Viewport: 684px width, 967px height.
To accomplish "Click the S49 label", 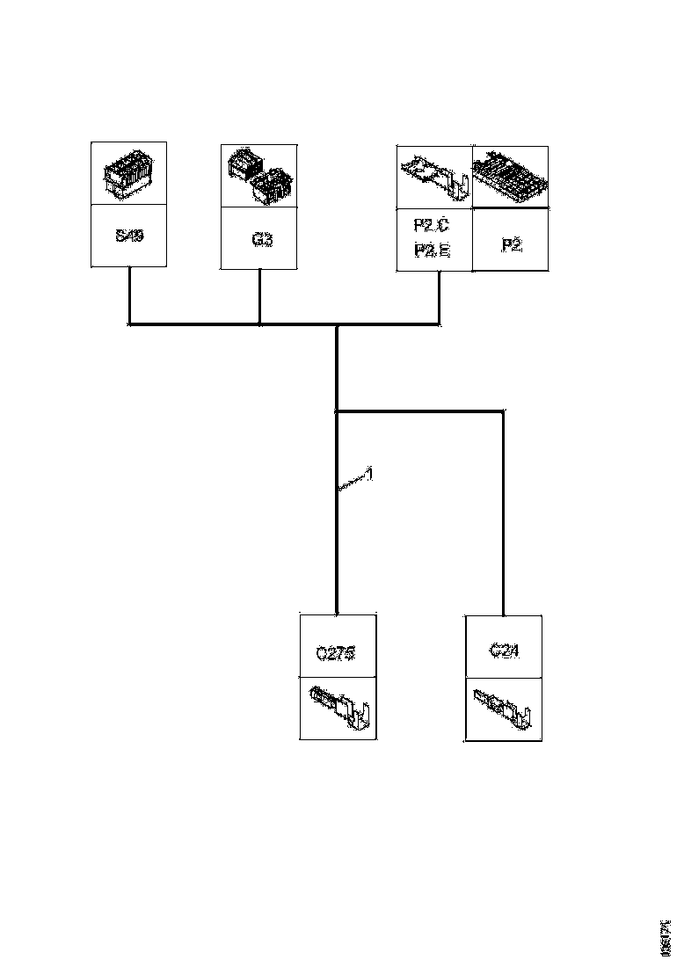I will (129, 237).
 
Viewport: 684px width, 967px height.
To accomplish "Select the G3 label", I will (259, 238).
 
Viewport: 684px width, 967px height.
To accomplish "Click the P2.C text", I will (432, 226).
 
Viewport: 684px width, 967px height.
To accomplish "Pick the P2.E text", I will (432, 251).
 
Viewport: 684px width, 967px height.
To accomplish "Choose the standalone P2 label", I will (511, 245).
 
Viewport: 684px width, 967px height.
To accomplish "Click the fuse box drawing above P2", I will (512, 177).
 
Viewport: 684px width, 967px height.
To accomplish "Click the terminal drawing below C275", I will (339, 708).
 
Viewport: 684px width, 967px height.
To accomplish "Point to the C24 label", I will (502, 651).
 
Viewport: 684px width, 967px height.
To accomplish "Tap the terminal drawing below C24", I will (502, 709).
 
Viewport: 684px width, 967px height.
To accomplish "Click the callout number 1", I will (370, 475).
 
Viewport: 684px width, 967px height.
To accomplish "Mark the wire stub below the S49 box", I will (130, 295).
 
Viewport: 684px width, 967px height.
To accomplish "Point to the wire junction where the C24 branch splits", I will (338, 411).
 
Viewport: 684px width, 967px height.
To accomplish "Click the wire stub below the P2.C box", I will (439, 298).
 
